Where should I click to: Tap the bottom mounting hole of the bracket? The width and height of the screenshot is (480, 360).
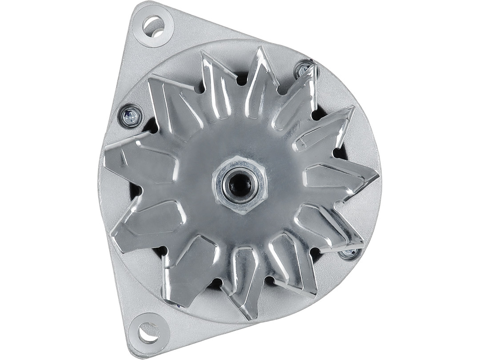(148, 332)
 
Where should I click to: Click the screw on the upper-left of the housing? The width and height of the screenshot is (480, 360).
(131, 116)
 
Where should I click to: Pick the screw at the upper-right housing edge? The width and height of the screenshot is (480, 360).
(304, 69)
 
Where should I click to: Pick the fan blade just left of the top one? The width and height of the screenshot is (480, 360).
(216, 84)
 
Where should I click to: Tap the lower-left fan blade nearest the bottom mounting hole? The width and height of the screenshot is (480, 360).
(187, 271)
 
